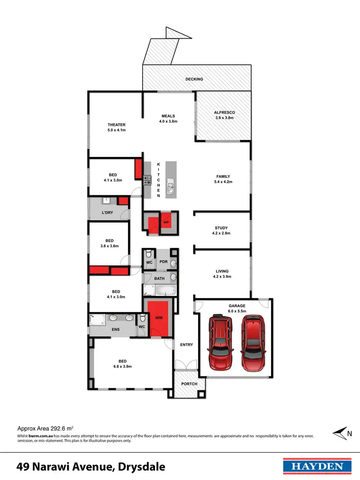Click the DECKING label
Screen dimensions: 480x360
(x=194, y=79)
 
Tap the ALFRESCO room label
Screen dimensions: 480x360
(x=225, y=113)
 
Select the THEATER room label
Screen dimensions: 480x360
(x=116, y=125)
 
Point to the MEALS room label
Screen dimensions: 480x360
(x=168, y=116)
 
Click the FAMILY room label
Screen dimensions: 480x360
(x=223, y=177)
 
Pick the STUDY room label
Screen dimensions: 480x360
(x=221, y=228)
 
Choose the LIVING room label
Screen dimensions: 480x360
(x=221, y=271)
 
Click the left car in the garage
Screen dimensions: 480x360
(x=220, y=341)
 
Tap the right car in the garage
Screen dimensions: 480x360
(x=252, y=343)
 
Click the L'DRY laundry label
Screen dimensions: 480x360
(x=107, y=212)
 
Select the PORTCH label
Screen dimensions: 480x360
(x=189, y=384)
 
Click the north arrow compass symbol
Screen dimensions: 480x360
(x=341, y=433)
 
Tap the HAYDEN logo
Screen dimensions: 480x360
(x=314, y=466)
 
